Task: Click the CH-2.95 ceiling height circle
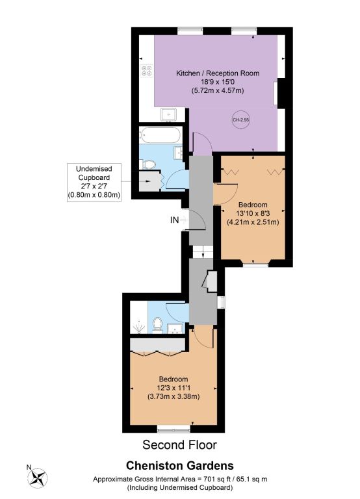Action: click(241, 120)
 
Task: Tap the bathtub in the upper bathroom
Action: click(161, 135)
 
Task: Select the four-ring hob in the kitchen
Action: click(147, 71)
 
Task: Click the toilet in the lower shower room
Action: click(157, 325)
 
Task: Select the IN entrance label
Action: click(174, 220)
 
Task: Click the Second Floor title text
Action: click(179, 445)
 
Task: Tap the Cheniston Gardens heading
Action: click(180, 466)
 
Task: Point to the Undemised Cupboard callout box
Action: click(94, 182)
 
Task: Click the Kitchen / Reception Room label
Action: click(218, 73)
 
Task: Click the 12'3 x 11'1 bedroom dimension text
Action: click(174, 388)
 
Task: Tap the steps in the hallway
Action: click(203, 251)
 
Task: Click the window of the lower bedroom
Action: click(174, 430)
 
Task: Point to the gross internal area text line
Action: click(180, 479)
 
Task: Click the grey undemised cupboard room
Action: click(149, 181)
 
